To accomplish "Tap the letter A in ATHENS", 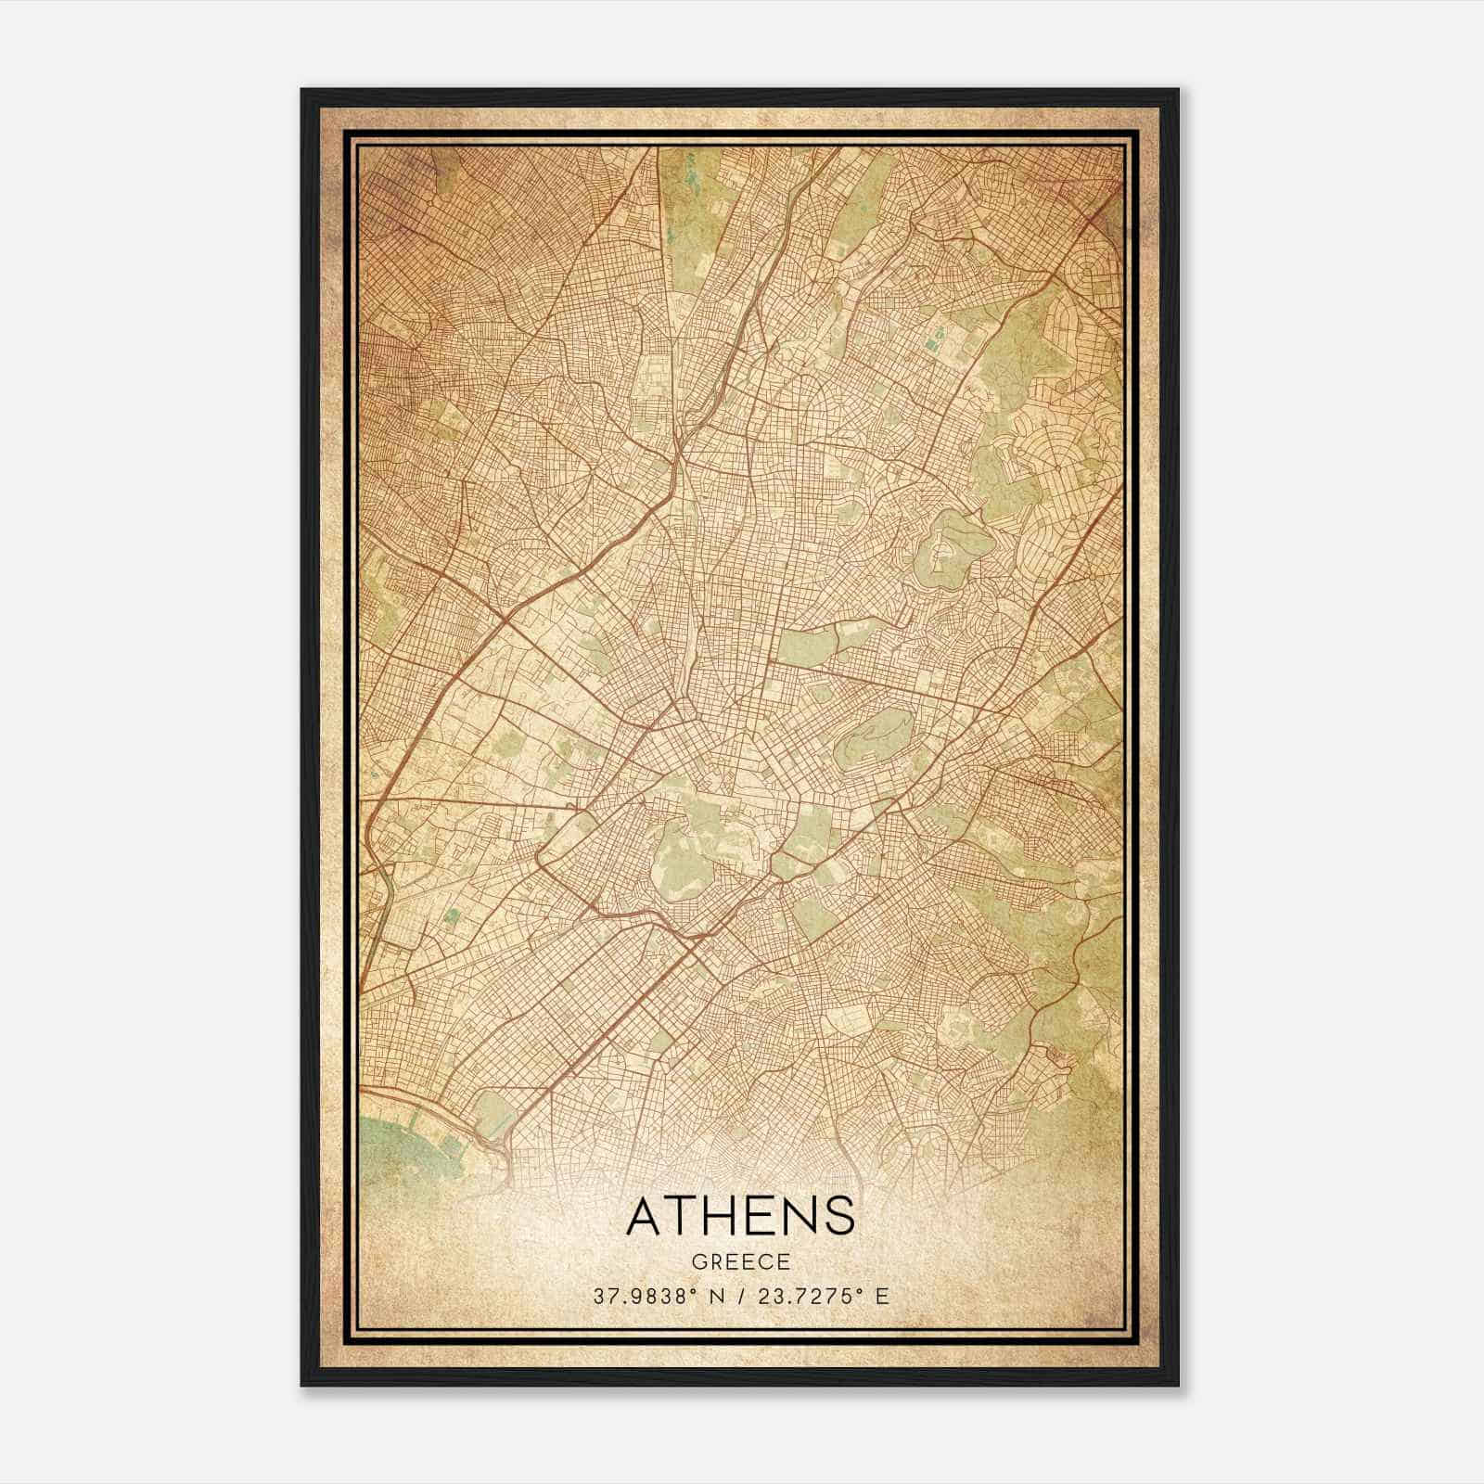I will [x=646, y=1215].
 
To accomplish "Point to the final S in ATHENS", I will [x=839, y=1215].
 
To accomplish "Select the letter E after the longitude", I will [x=882, y=1296].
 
